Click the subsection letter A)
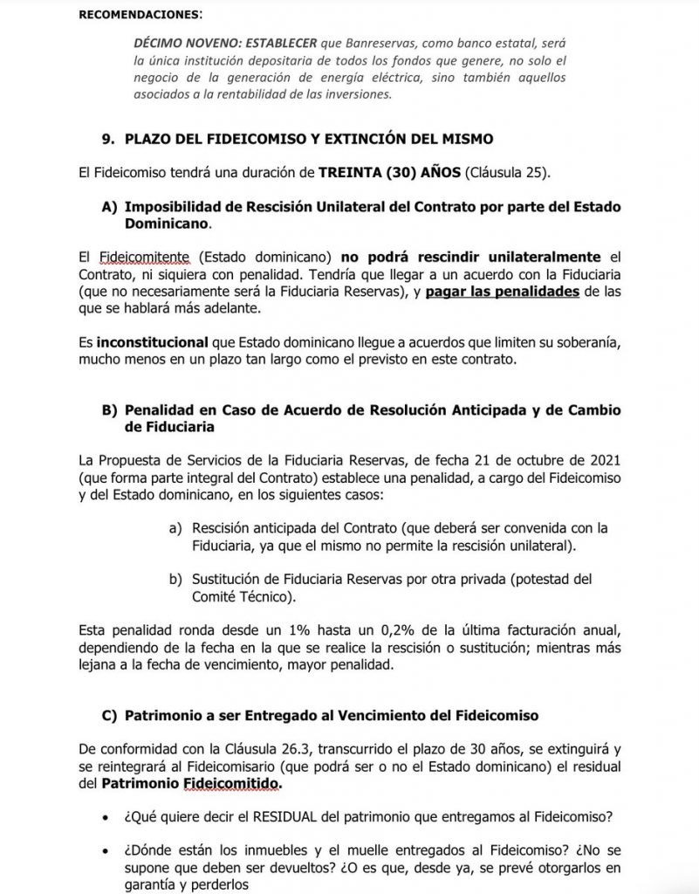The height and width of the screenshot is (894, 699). pos(110,207)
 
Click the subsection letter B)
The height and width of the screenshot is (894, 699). pos(110,410)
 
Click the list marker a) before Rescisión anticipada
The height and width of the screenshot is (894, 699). pos(175,527)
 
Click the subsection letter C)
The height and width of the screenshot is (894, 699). pos(110,716)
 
